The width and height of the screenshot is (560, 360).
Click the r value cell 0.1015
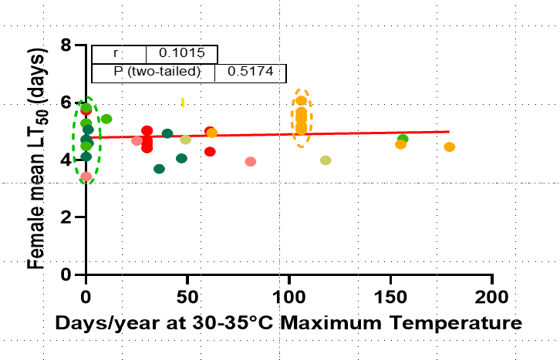pos(181,54)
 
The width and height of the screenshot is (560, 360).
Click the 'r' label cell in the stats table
pos(118,54)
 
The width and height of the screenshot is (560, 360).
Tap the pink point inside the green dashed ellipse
pos(86,177)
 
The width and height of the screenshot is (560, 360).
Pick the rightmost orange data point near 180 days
pos(450,146)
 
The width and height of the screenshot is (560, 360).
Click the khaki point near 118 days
pos(326,160)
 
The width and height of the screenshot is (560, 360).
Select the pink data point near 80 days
pos(250,161)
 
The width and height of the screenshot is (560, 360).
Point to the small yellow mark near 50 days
pos(183,102)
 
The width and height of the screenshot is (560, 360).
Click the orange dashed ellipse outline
pos(292,117)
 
